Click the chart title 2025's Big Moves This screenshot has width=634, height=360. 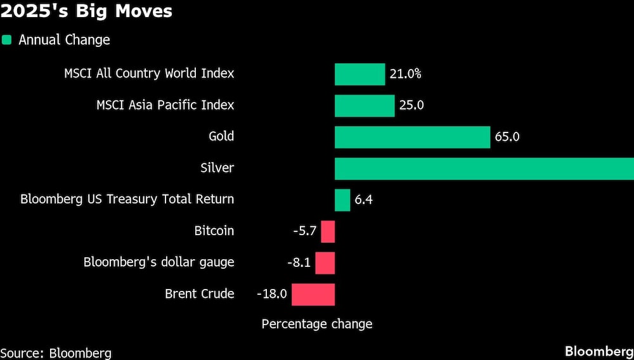86,12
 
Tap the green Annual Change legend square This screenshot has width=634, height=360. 7,40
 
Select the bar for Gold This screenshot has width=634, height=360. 412,137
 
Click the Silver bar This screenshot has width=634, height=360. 484,169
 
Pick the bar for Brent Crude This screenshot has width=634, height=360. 313,294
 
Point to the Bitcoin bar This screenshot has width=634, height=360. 328,231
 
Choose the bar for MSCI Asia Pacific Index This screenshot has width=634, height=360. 365,105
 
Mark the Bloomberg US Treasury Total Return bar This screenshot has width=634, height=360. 342,200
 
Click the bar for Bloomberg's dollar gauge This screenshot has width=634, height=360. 325,262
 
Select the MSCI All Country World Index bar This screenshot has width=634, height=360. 359,74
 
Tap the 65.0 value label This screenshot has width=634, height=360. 507,137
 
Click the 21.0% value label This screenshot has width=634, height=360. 406,74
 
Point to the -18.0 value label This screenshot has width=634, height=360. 272,294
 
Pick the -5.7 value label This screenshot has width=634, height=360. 304,231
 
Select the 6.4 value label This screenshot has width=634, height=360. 363,200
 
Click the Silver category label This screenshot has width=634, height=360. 217,169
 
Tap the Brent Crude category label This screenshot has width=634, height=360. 199,294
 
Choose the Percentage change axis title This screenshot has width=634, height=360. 316,324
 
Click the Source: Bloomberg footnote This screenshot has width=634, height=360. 56,353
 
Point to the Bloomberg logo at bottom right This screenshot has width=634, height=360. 598,352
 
